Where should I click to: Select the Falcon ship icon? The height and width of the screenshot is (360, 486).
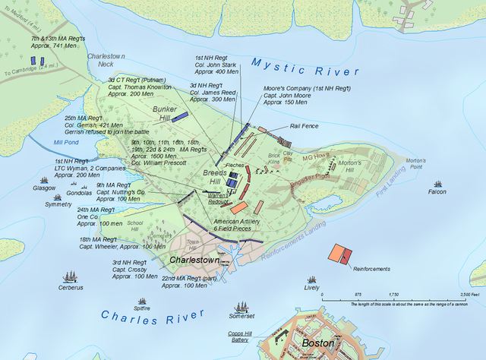[437, 184]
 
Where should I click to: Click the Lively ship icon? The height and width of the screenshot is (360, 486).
[311, 280]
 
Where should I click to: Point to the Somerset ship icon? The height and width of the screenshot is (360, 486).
[242, 306]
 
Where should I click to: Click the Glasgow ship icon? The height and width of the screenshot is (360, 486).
[45, 179]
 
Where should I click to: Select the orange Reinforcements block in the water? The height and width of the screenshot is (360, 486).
[338, 254]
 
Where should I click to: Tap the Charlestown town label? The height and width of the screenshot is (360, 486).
[194, 260]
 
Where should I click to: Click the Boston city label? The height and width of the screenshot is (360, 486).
[317, 343]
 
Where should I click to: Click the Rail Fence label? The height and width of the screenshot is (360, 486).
[304, 126]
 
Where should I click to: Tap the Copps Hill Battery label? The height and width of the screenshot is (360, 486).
[244, 336]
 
